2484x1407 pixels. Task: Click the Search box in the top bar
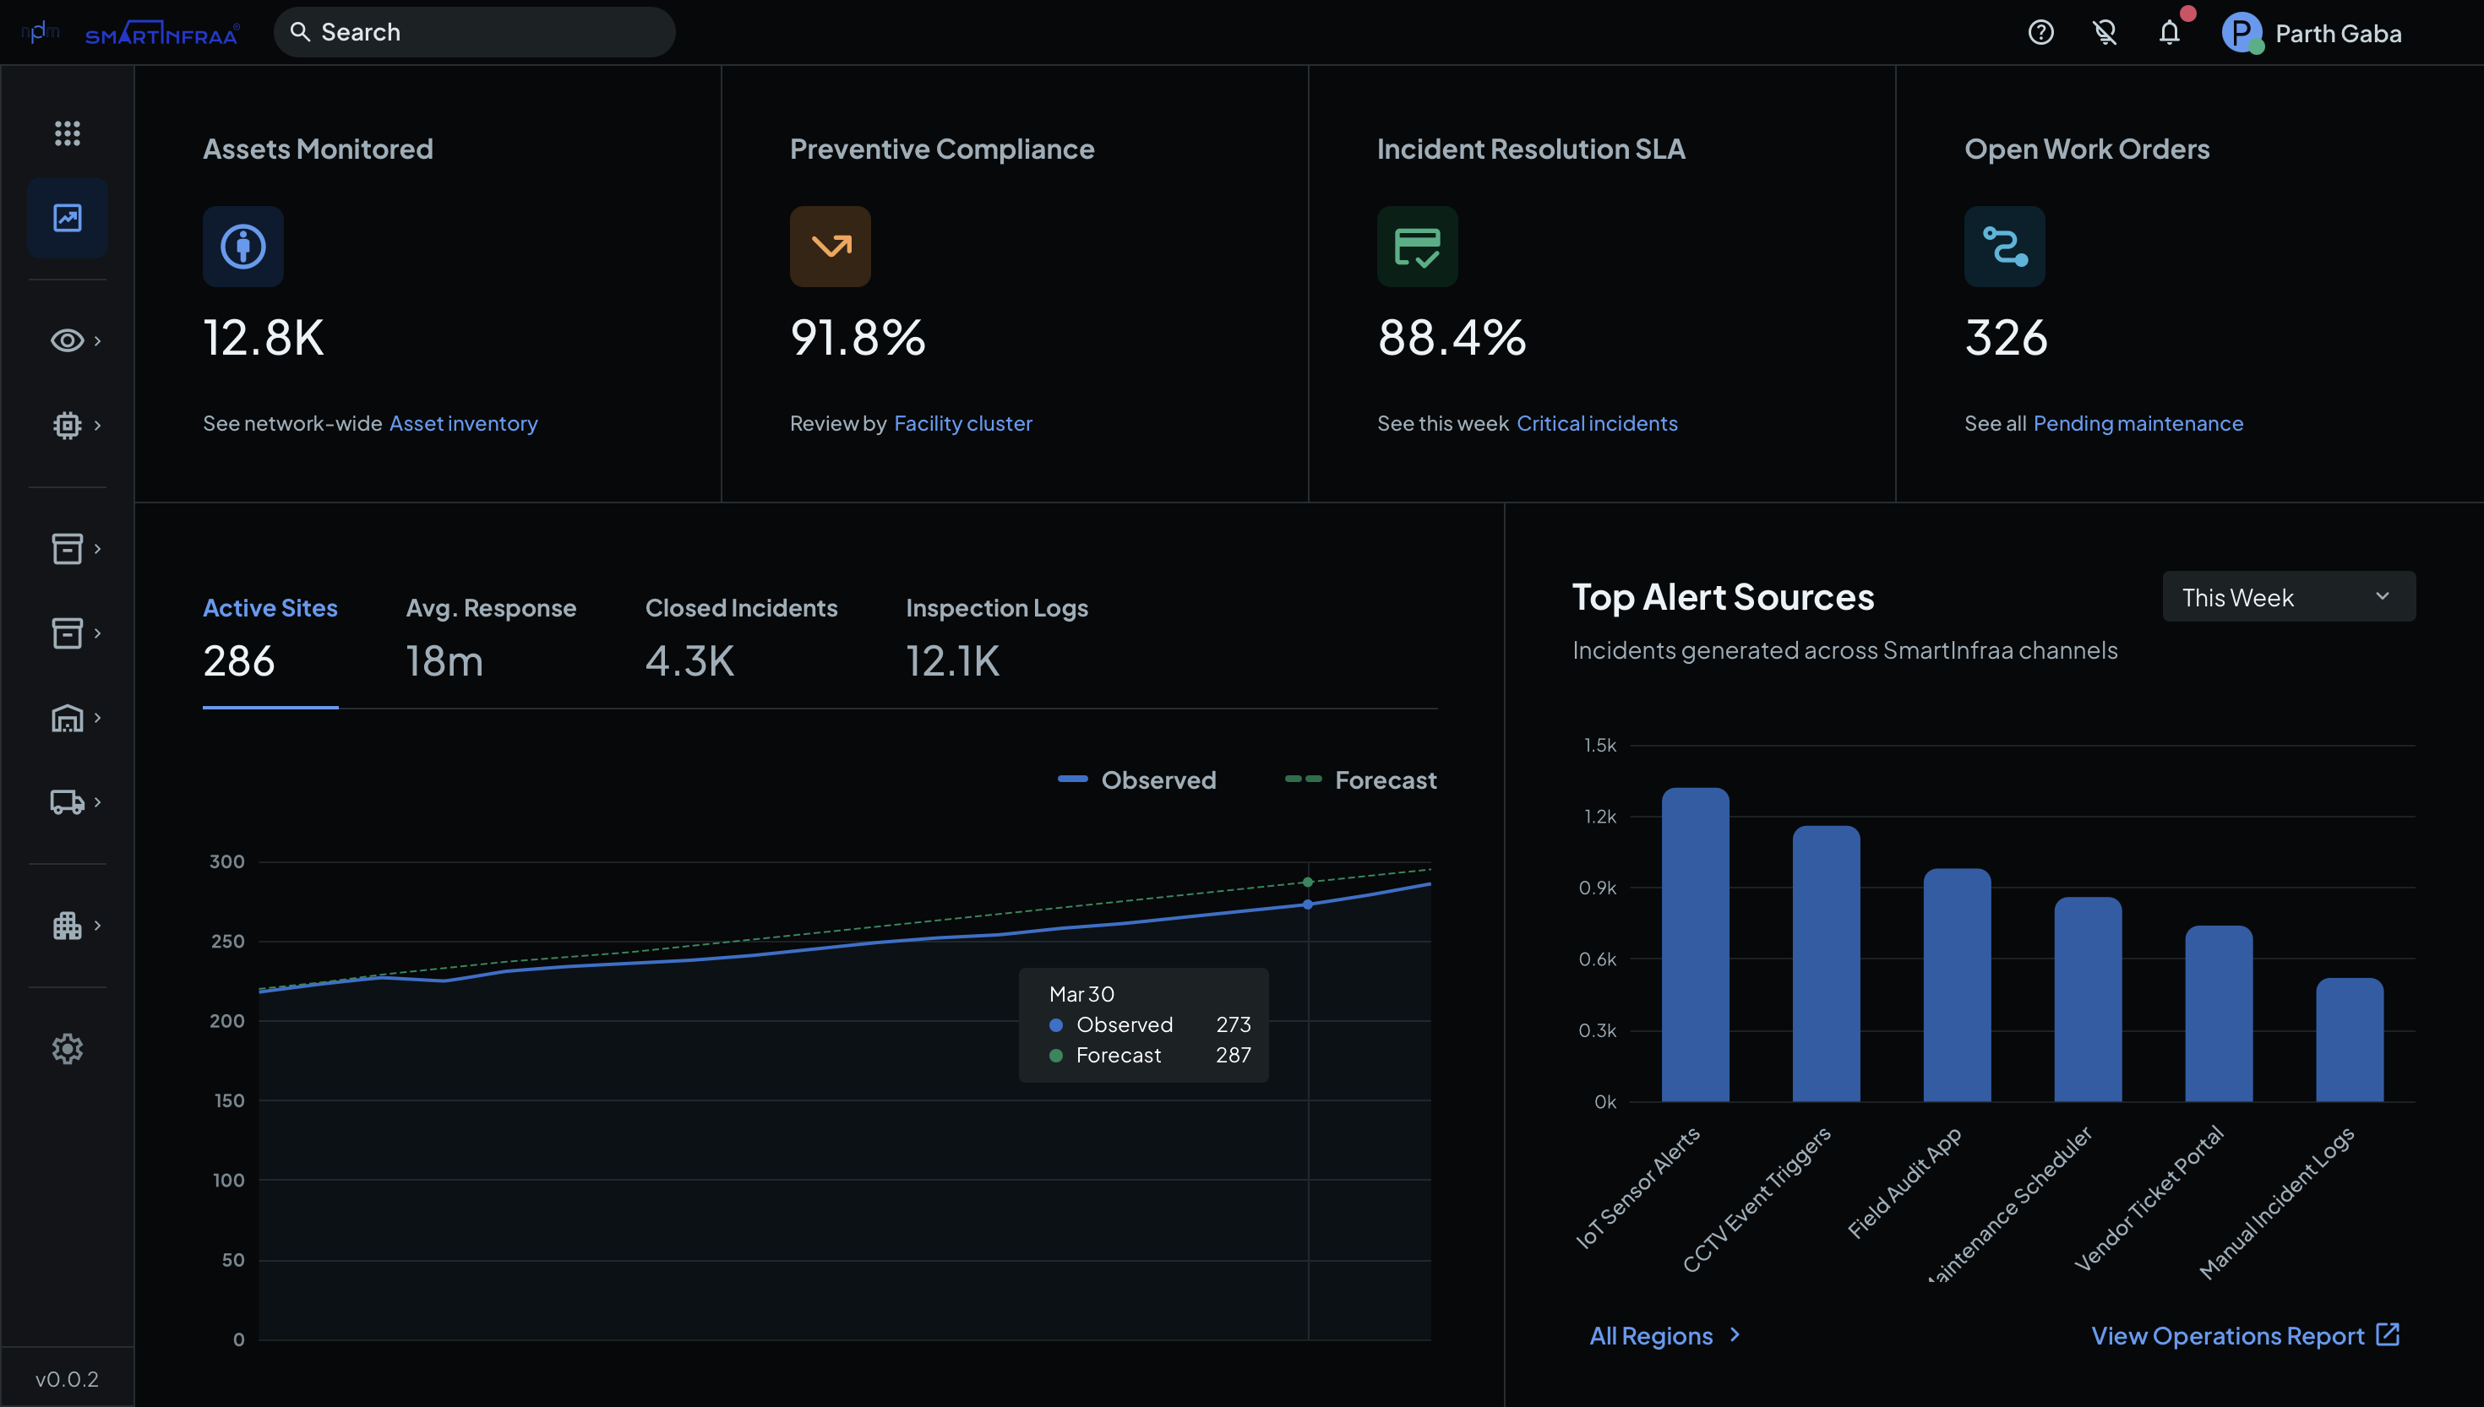474,32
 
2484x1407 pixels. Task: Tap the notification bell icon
2169,33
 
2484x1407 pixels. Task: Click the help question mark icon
2040,33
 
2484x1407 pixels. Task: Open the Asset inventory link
463,423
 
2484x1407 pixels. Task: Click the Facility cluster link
962,423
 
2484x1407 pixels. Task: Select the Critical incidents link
1597,423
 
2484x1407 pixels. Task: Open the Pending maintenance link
2138,423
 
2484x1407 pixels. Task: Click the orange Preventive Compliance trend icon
831,247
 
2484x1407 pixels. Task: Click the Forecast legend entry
1361,780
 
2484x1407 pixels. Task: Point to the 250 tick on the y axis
228,941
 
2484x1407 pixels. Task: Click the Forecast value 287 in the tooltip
1234,1056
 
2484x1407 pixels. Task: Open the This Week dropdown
2288,597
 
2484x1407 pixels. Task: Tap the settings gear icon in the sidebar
67,1048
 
